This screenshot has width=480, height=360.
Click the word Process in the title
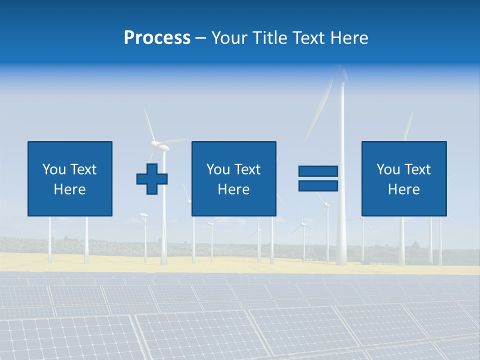(157, 38)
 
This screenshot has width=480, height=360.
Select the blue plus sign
(151, 179)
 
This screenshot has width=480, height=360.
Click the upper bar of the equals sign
(318, 171)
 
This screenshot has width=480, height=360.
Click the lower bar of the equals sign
(318, 186)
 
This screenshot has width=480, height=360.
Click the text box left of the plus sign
(70, 178)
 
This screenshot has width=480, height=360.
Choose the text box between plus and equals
(233, 178)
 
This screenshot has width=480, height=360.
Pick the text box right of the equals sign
(403, 178)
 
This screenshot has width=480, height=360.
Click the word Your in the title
(229, 38)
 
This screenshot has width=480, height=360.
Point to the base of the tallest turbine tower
(341, 260)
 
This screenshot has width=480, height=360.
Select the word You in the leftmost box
(54, 169)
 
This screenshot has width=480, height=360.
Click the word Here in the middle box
(233, 189)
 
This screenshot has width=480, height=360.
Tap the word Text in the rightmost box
(417, 169)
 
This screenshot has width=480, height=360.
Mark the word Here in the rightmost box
(403, 189)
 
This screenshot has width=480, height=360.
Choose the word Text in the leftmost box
(83, 169)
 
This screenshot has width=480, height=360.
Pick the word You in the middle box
(218, 169)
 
